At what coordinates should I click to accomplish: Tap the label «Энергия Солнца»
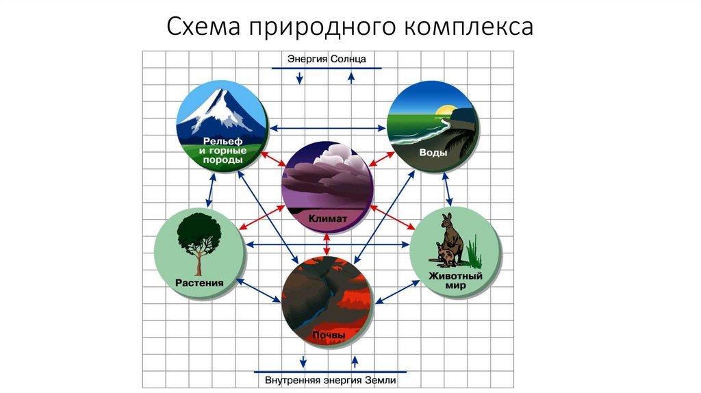[x=327, y=59]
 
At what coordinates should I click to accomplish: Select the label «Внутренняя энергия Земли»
[x=331, y=381]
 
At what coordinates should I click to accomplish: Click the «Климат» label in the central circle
[x=327, y=218]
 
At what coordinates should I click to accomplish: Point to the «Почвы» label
[x=329, y=335]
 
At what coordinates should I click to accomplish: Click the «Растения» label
[x=199, y=283]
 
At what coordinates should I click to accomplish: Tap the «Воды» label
[x=433, y=153]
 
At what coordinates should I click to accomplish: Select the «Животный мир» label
[x=455, y=280]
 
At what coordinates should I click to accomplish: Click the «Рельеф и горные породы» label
[x=222, y=151]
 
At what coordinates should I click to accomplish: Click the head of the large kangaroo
[x=447, y=220]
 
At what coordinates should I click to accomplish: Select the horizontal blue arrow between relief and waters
[x=328, y=128]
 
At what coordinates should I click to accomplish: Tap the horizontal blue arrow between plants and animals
[x=328, y=244]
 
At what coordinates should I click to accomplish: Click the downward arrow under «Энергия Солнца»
[x=300, y=78]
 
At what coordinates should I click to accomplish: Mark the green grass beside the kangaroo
[x=474, y=253]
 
